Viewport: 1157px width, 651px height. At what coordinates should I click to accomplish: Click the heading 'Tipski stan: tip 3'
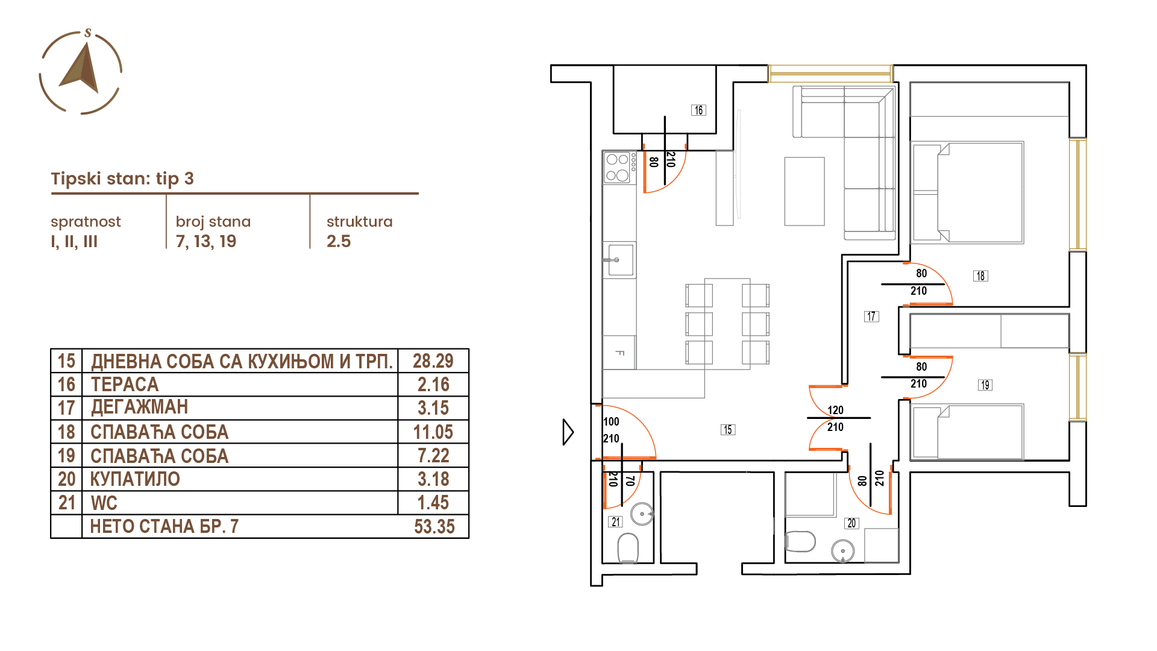pos(122,178)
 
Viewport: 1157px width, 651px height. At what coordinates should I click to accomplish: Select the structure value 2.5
pos(339,241)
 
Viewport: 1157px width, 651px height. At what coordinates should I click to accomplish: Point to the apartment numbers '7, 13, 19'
pos(206,241)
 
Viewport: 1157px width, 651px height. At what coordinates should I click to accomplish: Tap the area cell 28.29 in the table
pos(433,360)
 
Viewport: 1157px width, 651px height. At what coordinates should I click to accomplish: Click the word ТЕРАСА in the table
pos(125,384)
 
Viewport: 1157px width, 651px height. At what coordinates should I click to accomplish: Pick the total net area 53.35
pos(434,526)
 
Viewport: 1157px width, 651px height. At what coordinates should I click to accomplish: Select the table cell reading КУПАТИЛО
pos(135,479)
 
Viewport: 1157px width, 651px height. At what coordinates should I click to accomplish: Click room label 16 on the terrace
pos(698,110)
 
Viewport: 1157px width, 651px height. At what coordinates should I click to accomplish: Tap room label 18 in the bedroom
pos(980,275)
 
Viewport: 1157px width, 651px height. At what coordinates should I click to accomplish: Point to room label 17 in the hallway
pos(871,316)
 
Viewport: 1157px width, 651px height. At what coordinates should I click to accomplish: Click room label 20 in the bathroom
pos(851,523)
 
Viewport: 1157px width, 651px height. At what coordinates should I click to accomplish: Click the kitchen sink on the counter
pos(619,260)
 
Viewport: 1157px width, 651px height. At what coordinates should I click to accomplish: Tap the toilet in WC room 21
pos(628,547)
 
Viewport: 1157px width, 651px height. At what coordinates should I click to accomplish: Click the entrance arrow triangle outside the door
pos(568,432)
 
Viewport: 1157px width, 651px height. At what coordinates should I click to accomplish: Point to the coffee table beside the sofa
pos(804,191)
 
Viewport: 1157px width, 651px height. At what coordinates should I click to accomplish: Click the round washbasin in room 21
pos(642,514)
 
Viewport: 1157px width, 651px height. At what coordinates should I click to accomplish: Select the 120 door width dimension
pos(835,410)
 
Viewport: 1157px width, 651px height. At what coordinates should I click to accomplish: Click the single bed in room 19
pos(967,432)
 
